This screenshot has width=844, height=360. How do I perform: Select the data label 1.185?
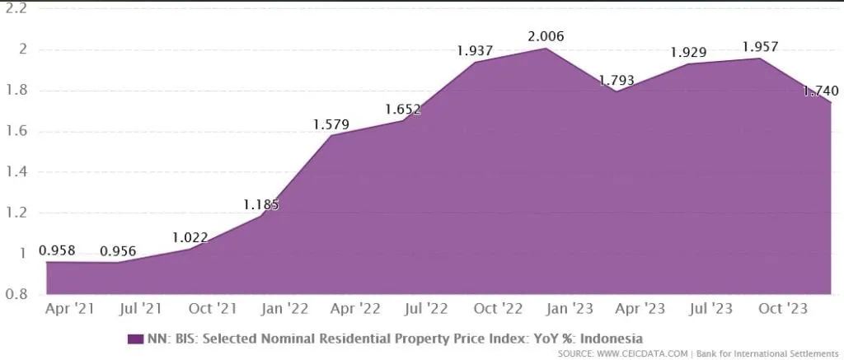260,204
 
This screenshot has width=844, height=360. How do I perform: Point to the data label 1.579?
331,124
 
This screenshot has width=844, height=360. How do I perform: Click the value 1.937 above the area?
476,51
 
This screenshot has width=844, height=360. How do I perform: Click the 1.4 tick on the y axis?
17,172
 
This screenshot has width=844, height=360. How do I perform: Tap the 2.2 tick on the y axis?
17,8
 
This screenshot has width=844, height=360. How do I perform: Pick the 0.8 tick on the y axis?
17,294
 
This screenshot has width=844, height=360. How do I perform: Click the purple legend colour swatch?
135,339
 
